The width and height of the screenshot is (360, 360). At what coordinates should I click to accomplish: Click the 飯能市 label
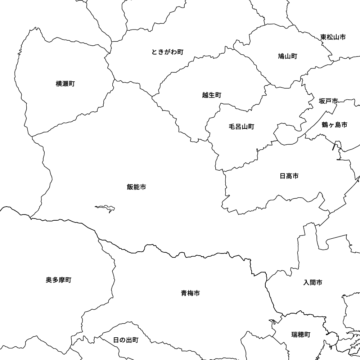tap(136, 187)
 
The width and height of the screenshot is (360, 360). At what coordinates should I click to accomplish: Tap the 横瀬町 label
tap(65, 84)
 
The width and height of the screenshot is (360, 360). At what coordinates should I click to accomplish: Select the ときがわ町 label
tap(167, 52)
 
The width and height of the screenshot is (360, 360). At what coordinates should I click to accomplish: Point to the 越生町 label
tap(212, 95)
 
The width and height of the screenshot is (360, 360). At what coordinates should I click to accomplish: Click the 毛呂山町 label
tap(241, 126)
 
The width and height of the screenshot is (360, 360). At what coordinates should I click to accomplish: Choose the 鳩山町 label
tap(287, 56)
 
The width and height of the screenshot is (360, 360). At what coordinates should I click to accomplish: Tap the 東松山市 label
tap(333, 37)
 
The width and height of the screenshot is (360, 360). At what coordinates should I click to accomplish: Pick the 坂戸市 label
tap(328, 101)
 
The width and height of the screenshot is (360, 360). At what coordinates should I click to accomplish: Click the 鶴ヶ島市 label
tap(334, 125)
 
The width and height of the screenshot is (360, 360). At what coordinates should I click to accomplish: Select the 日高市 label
tap(289, 176)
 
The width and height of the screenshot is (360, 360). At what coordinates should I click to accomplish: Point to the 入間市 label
tap(313, 283)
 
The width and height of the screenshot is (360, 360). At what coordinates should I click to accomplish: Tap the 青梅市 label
tap(190, 293)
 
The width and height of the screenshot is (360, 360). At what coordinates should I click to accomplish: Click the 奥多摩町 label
tap(59, 280)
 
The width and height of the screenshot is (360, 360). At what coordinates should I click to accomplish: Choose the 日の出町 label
tap(125, 340)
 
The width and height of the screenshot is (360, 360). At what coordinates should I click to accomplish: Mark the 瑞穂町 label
tap(301, 334)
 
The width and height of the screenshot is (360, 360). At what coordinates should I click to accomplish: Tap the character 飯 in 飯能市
tap(130, 187)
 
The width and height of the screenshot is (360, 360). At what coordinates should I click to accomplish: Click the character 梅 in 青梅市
tap(190, 293)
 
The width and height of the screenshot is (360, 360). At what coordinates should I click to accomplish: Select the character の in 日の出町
tap(122, 340)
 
